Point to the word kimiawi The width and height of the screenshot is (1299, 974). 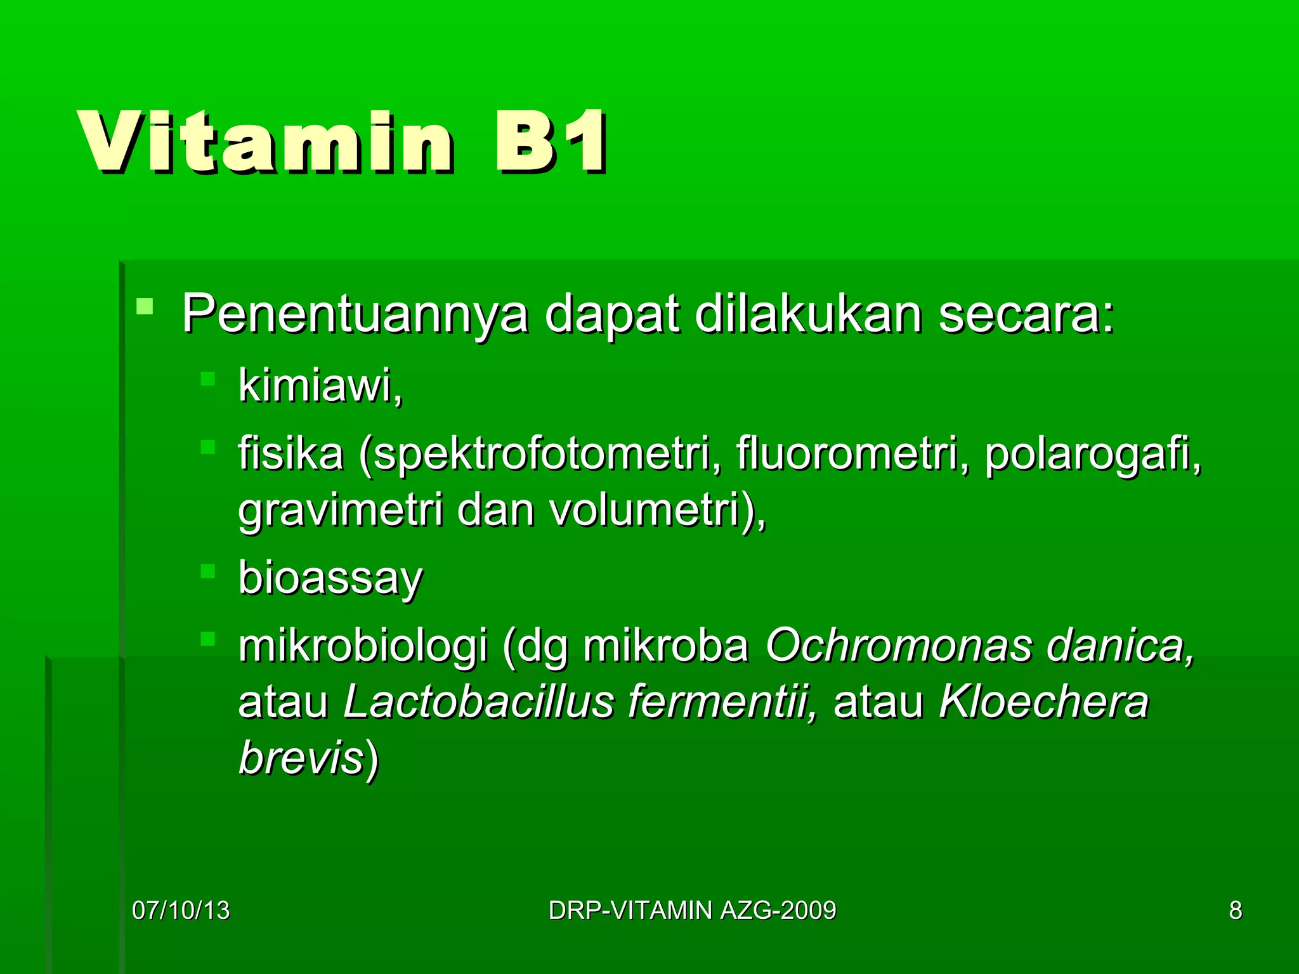click(320, 386)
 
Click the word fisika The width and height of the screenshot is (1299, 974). click(290, 454)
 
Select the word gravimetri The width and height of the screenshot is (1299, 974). click(340, 511)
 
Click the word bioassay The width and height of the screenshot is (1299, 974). click(330, 578)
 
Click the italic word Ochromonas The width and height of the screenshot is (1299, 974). click(898, 646)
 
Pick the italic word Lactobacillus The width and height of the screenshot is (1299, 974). click(479, 703)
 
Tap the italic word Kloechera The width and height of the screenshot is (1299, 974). click(1043, 703)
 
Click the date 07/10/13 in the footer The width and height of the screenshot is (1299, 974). click(181, 911)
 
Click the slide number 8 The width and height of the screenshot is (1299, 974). click(1235, 911)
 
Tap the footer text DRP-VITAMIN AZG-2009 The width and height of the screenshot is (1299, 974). click(692, 911)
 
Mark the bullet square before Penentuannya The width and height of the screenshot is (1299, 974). click(145, 307)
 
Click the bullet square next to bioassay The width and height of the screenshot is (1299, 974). click(208, 571)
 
